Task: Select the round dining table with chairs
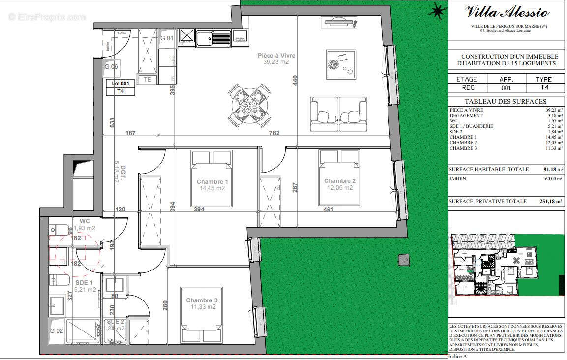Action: [250, 103]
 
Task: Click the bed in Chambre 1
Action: [211, 178]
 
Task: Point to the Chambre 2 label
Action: [339, 181]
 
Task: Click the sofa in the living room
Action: [338, 114]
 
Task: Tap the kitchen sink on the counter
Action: [212, 37]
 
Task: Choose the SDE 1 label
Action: [84, 283]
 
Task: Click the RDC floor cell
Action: [466, 88]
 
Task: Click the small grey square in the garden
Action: [404, 259]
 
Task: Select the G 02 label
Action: [57, 331]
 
